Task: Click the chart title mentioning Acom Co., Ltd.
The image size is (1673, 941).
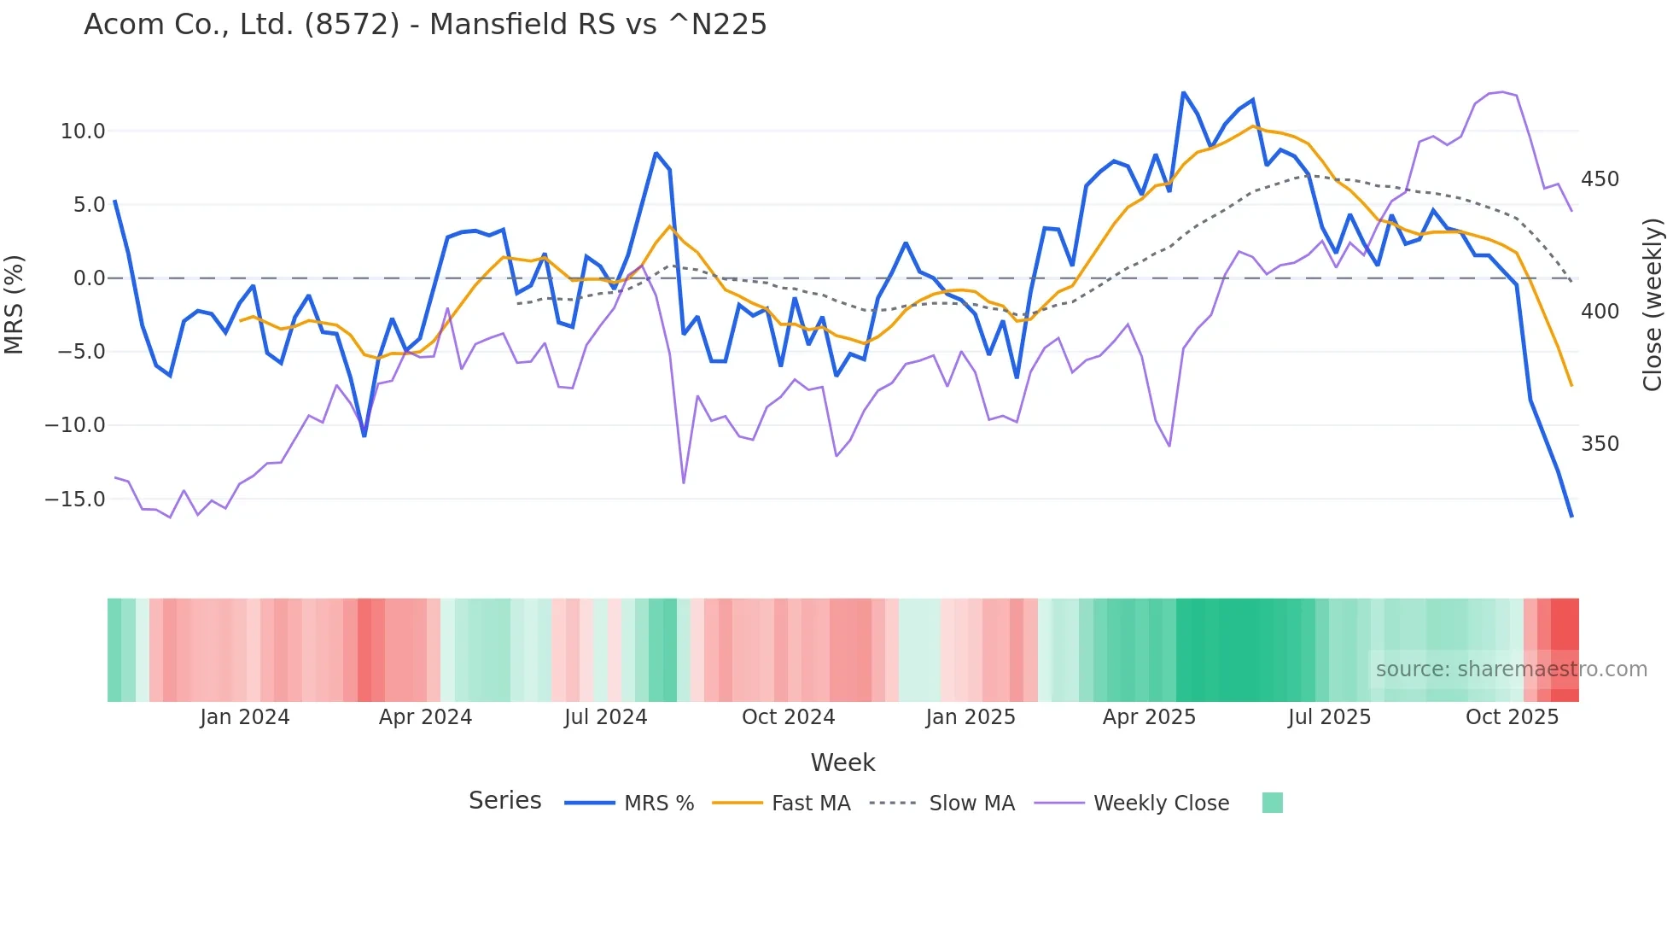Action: (425, 25)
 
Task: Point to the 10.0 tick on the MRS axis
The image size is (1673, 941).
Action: (83, 132)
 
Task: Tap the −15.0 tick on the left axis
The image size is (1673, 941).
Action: (75, 500)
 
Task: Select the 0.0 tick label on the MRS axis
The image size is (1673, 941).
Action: (89, 278)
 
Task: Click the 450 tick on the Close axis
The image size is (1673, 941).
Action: (1600, 179)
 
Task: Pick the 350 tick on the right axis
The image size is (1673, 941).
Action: (1600, 444)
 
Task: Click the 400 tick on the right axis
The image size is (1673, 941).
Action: (1600, 312)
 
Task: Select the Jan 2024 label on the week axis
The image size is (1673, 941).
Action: (245, 717)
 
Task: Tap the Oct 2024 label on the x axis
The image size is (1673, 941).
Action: (788, 717)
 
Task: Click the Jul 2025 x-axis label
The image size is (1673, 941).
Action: (1329, 717)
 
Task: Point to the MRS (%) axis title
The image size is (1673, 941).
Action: (15, 304)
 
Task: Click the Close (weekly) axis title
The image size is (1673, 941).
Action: (1653, 304)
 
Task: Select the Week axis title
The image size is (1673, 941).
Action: (842, 763)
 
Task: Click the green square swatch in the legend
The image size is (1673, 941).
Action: (1272, 803)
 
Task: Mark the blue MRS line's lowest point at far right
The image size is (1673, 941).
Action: (1571, 517)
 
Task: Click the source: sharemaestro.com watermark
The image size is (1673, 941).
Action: (1511, 669)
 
